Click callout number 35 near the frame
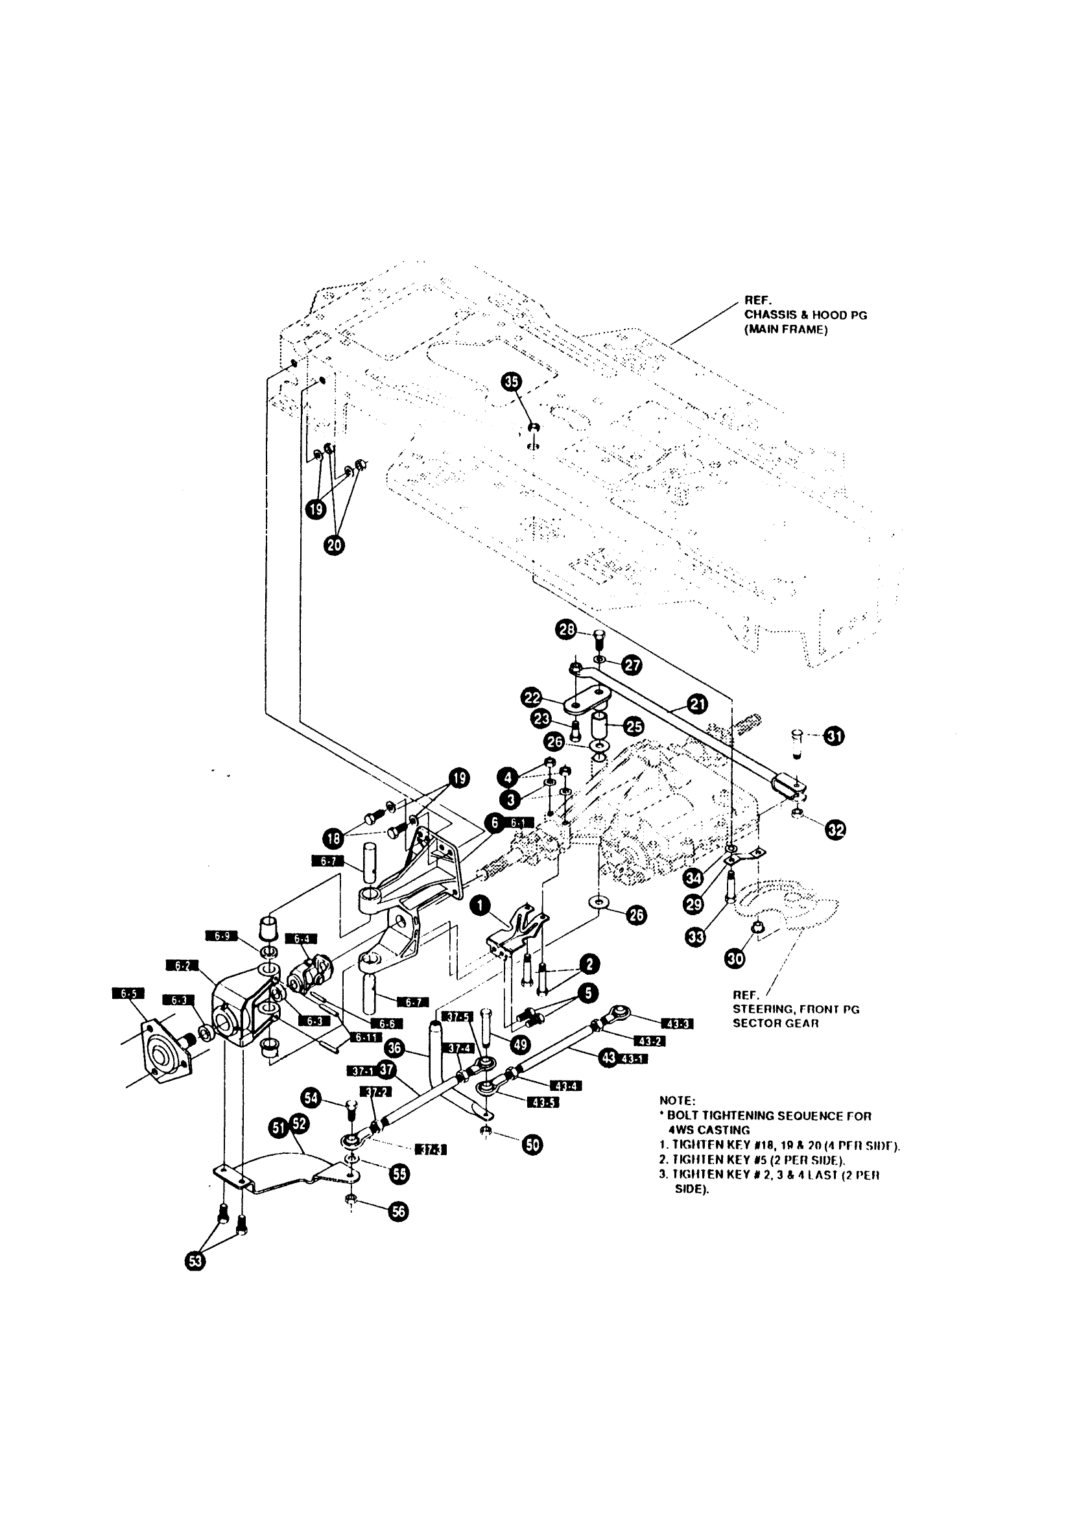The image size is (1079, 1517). coord(511,381)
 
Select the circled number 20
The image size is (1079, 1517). coord(334,545)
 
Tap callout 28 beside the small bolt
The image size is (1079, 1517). coord(566,629)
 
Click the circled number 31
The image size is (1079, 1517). coord(835,735)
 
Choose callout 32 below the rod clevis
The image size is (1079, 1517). coord(836,830)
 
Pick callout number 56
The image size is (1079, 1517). coord(399,1212)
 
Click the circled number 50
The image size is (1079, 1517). coord(532,1144)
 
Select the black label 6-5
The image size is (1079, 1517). coord(128,994)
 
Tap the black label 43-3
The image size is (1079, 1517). coord(677,1024)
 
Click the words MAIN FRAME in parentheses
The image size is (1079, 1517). coord(786,329)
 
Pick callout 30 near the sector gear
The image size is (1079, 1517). coord(735,958)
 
